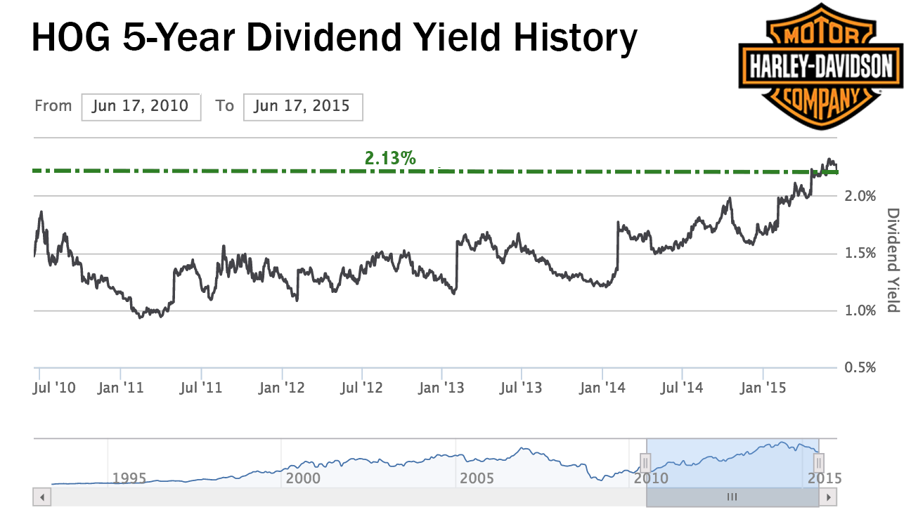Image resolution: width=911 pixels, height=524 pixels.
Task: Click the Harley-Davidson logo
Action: pos(819,67)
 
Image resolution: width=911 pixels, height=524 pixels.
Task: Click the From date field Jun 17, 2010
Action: pos(141,107)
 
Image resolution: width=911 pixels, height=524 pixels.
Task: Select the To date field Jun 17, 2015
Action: pos(303,107)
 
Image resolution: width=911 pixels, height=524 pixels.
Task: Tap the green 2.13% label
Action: pos(390,158)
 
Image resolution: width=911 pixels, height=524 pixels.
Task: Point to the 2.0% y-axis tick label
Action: pos(858,195)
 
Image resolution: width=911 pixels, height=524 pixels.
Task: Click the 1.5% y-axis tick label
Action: pos(858,253)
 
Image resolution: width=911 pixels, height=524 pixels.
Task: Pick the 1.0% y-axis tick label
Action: pos(858,310)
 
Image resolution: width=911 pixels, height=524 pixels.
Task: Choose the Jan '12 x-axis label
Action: pos(282,387)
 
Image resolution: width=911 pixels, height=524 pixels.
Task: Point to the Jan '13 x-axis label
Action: pos(442,387)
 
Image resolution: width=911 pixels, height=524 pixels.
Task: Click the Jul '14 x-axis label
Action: pos(683,387)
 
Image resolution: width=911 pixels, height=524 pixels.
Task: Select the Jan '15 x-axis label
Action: pos(763,387)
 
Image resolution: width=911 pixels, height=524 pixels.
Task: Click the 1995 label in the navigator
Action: pos(129,478)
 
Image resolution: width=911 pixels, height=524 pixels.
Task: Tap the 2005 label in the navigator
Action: pos(477,478)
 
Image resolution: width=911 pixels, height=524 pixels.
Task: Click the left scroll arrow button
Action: pos(42,497)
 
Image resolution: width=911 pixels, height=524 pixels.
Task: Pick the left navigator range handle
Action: pos(646,462)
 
